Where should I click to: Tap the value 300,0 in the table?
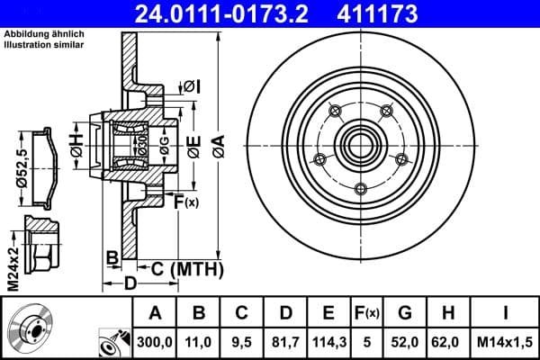pyautogui.click(x=155, y=342)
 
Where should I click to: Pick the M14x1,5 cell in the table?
pyautogui.click(x=504, y=342)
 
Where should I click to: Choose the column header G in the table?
pyautogui.click(x=404, y=312)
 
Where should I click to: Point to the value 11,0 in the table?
pyautogui.click(x=199, y=342)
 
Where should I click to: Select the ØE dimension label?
pyautogui.click(x=193, y=150)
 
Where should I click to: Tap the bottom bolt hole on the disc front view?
pyautogui.click(x=361, y=188)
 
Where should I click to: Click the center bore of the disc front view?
pyautogui.click(x=361, y=144)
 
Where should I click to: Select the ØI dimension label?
pyautogui.click(x=191, y=85)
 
